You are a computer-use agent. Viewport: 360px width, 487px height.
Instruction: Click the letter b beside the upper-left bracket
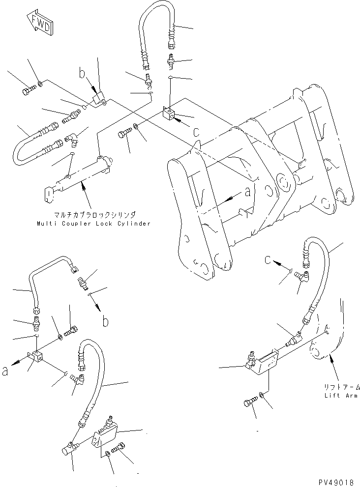coord(83,75)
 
